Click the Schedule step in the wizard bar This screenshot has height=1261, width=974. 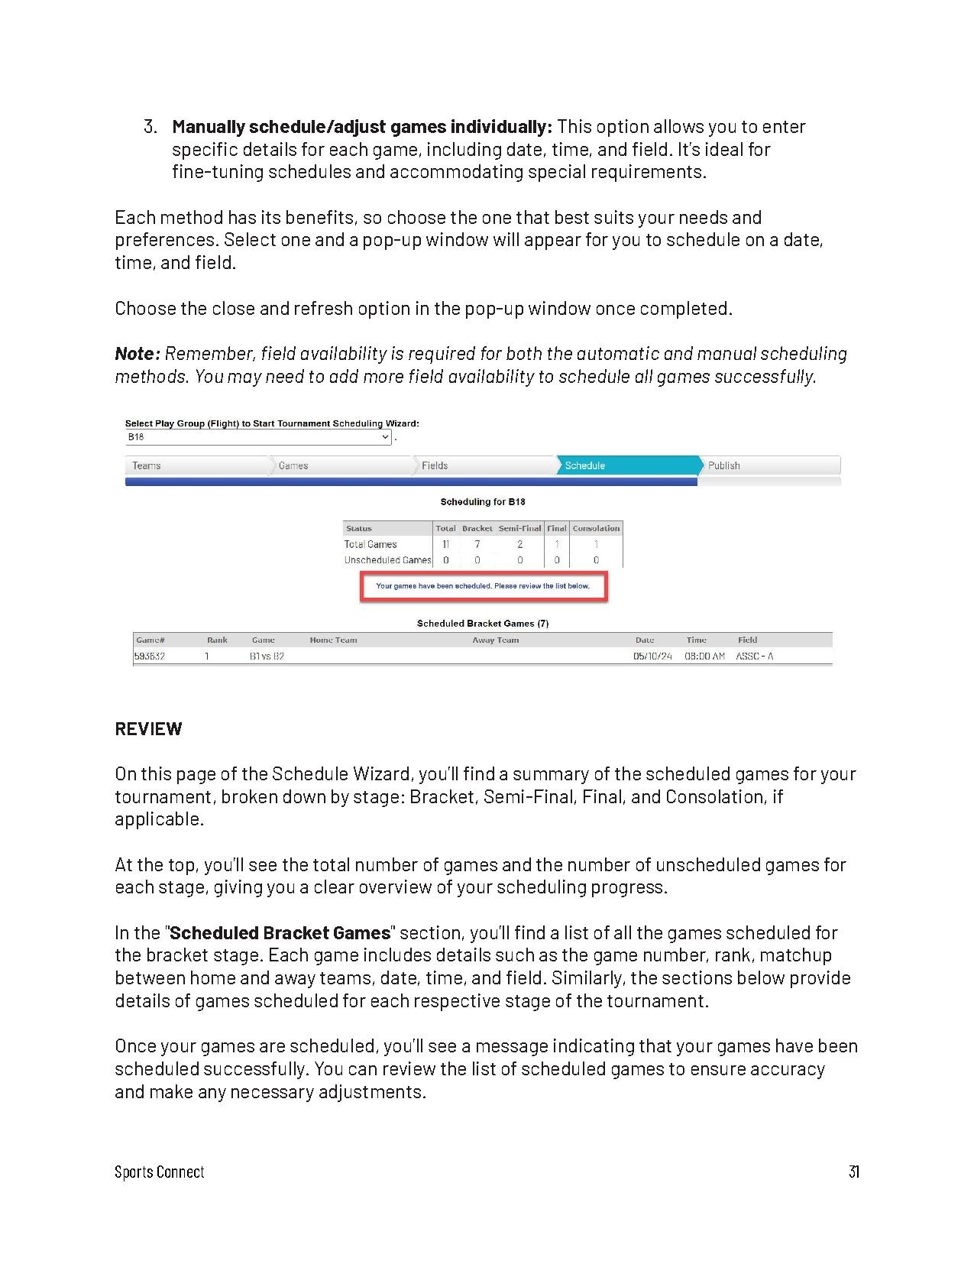tap(585, 465)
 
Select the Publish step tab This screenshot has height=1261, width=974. tap(723, 465)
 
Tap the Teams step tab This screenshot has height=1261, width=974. tap(147, 465)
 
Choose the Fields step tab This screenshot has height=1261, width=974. tap(435, 465)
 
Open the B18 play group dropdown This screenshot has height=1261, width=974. tap(258, 437)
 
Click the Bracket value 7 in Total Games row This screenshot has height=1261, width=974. tap(477, 544)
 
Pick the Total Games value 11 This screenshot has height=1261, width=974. tap(445, 544)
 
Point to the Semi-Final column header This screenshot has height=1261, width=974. tap(519, 528)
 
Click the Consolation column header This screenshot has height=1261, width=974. tap(596, 528)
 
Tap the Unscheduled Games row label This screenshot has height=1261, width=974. tap(387, 560)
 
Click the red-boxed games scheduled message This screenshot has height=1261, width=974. tap(483, 586)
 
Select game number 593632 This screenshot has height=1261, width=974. tap(150, 656)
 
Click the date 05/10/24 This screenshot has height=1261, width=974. tap(652, 656)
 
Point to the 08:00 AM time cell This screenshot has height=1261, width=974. tap(704, 656)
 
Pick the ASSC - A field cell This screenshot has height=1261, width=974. tap(755, 656)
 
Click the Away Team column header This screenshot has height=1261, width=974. tap(495, 640)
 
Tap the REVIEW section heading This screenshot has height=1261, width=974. tap(148, 728)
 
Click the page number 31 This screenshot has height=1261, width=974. tap(853, 1172)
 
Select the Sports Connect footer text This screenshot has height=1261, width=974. tap(160, 1172)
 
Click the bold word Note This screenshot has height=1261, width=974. tap(136, 354)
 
